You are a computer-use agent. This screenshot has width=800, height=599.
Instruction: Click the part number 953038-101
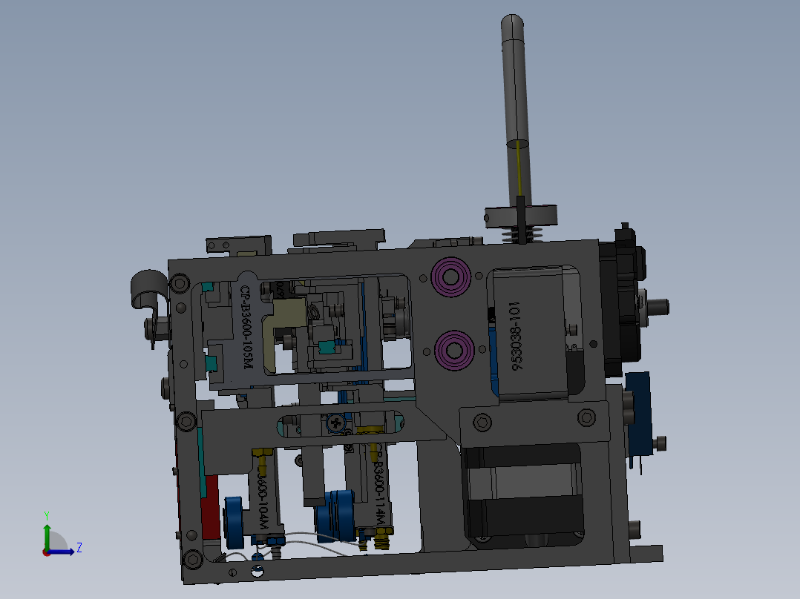tap(519, 335)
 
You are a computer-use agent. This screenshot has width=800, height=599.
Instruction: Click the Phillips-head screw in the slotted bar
tap(336, 423)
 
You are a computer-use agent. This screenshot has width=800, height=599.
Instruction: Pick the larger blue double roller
tap(338, 513)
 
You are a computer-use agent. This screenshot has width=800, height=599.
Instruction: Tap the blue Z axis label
tap(79, 548)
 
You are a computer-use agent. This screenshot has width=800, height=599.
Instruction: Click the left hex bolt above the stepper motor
tap(482, 423)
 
